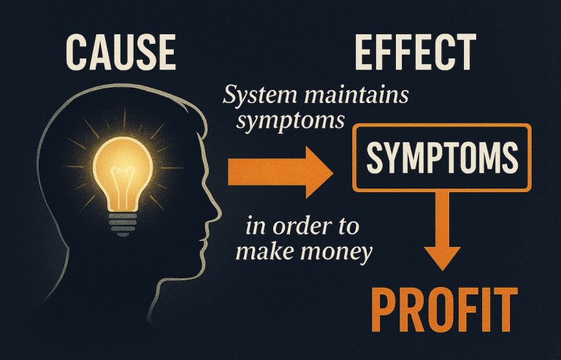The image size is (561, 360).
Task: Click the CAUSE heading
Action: [x=121, y=52]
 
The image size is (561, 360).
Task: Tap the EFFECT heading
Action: [x=416, y=52]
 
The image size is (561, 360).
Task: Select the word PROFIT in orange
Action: [x=444, y=310]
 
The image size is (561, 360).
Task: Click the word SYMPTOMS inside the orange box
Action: [x=442, y=157]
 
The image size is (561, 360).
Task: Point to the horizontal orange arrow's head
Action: [x=319, y=172]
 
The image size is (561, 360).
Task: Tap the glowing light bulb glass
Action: [x=123, y=174]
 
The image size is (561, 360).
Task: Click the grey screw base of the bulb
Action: [x=123, y=224]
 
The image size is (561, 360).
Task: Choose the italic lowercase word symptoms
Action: [x=291, y=122]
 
